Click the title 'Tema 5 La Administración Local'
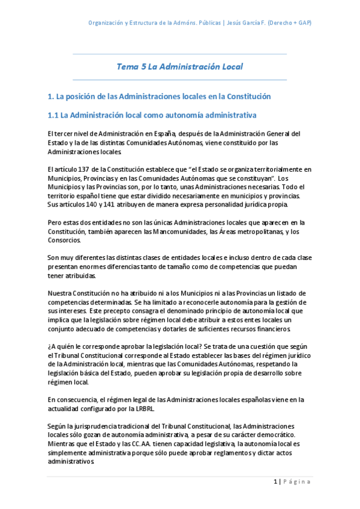tap(179, 67)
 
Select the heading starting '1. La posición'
tap(159, 96)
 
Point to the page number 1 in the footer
tap(275, 481)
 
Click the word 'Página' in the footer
tap(296, 481)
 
